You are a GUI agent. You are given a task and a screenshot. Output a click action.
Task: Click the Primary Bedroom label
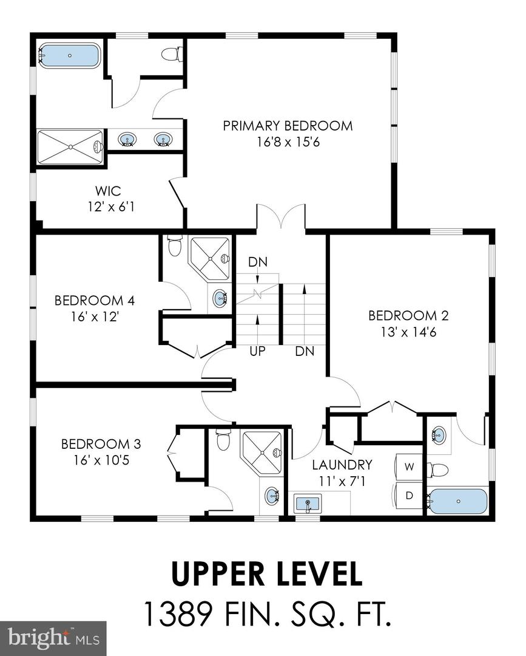pos(288,134)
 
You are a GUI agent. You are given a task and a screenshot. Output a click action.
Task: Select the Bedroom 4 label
pos(94,308)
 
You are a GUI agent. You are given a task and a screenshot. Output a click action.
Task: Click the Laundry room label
pos(342,473)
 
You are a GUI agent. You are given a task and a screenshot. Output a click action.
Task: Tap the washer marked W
pos(409,467)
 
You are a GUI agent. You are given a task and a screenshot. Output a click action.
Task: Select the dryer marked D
pos(409,495)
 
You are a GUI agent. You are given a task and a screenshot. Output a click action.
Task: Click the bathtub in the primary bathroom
pos(69,55)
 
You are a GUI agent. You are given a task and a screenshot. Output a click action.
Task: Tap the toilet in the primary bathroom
pos(173,54)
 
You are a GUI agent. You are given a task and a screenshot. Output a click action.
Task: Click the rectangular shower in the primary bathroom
pos(70,146)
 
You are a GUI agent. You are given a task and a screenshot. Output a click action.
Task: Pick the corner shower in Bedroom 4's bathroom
pos(210,258)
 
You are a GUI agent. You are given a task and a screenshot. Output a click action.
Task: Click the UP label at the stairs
pos(258,351)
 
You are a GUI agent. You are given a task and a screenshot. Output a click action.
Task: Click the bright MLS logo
pos(53,638)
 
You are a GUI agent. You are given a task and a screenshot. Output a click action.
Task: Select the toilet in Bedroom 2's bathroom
pos(437,470)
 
